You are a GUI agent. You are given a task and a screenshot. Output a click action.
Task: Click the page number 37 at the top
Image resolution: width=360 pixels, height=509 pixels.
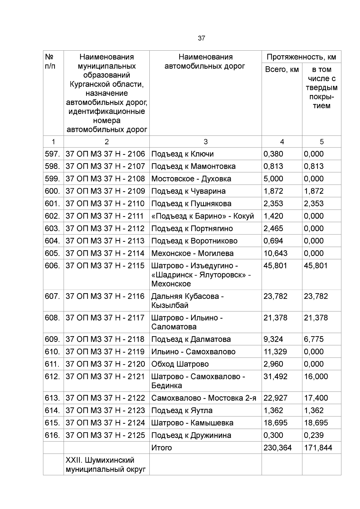(x=201, y=38)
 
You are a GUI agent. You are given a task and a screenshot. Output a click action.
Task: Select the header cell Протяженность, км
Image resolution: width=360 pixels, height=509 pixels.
(x=301, y=57)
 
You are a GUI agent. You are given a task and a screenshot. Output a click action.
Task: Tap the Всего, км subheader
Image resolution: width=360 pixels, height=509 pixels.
(x=282, y=70)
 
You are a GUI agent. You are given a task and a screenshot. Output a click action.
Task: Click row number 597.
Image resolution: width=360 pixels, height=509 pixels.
(x=52, y=154)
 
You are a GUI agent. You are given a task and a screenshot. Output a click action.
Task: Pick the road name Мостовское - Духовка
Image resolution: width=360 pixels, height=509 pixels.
(x=191, y=179)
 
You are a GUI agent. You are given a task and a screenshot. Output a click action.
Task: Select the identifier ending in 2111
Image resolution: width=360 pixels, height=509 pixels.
(x=105, y=216)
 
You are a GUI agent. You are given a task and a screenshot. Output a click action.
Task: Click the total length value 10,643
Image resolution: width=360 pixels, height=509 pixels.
(x=275, y=253)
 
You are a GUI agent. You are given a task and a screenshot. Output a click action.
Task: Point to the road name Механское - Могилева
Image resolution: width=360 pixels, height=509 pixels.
(x=192, y=253)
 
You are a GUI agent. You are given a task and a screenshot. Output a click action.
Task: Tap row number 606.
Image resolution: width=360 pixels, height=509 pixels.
(x=52, y=266)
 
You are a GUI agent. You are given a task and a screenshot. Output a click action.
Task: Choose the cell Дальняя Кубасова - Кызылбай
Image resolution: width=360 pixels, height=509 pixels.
(x=187, y=301)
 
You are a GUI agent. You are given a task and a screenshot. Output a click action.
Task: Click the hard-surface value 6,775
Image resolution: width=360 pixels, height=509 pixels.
(x=313, y=339)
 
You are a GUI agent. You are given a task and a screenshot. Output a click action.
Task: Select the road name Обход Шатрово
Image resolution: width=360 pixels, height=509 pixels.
(x=180, y=364)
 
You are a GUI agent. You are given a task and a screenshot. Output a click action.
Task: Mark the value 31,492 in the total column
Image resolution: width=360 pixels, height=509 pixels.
(x=275, y=376)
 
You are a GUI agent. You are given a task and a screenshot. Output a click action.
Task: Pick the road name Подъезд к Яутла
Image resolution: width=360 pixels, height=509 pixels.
(x=182, y=410)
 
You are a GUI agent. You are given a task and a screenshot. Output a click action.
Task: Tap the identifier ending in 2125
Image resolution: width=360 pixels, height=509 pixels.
(x=105, y=435)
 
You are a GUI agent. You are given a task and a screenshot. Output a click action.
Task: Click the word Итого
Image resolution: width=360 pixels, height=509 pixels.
(x=161, y=448)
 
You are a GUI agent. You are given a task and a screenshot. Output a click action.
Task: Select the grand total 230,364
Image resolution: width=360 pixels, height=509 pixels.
(x=277, y=448)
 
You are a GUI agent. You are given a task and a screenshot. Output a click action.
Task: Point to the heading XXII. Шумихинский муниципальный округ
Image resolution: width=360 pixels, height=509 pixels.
(x=106, y=464)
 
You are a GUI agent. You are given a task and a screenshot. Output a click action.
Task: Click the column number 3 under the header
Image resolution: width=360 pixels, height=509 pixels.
(x=205, y=141)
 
